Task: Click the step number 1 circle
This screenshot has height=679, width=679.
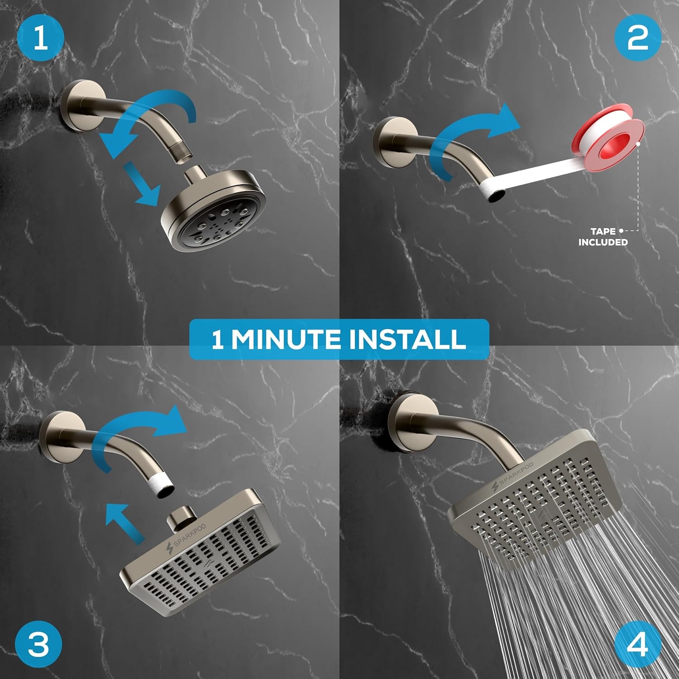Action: [x=40, y=38]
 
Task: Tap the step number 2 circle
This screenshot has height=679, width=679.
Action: [x=638, y=38]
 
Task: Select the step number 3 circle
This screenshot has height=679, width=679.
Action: [x=38, y=643]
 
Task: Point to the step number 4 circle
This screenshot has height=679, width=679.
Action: [x=638, y=643]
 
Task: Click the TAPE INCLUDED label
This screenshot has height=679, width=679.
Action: [x=603, y=237]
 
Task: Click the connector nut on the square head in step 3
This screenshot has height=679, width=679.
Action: [x=180, y=519]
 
